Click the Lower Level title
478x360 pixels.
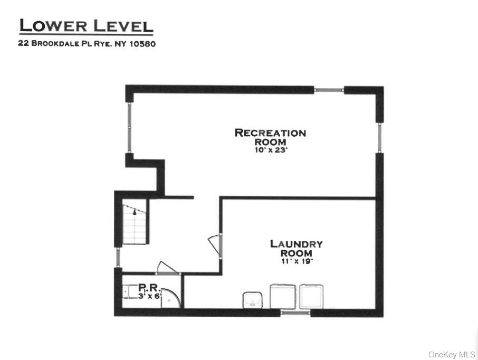pos(86,26)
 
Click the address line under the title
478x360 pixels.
pos(87,44)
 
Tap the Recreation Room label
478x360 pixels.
pos(270,137)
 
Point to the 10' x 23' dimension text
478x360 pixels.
pos(270,150)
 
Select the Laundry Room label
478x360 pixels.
pos(296,248)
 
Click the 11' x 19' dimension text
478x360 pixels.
pos(297,261)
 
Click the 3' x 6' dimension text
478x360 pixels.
pos(149,296)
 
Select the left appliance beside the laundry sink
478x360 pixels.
pos(282,297)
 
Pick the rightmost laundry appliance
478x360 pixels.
pos(312,297)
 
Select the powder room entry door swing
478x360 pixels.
pos(168,268)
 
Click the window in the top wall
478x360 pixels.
pos(329,90)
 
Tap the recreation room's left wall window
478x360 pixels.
pos(129,127)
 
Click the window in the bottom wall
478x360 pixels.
pos(295,313)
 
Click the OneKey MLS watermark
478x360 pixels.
pos(452,354)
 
